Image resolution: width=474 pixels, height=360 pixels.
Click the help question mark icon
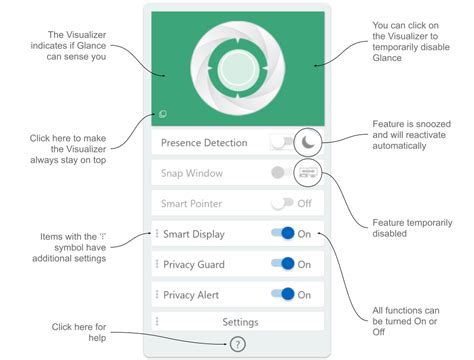(237, 345)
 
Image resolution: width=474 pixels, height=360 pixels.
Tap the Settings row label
(239, 322)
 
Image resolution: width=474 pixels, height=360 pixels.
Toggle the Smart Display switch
(283, 234)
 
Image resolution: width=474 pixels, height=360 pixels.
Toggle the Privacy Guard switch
(283, 265)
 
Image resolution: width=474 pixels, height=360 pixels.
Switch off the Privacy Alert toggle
(283, 295)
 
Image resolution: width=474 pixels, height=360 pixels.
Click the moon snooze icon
(310, 143)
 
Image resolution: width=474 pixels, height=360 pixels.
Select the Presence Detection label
(203, 143)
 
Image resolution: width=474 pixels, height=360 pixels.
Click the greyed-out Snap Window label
(192, 173)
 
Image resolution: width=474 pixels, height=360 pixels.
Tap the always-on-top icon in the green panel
(162, 115)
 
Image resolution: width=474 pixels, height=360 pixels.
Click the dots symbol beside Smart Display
(157, 234)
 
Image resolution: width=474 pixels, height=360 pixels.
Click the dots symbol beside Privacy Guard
(157, 265)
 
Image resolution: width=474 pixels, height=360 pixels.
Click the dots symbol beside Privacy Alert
(157, 295)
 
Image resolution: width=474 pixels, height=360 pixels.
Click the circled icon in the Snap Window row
(309, 173)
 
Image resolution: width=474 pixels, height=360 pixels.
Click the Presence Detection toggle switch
(282, 143)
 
